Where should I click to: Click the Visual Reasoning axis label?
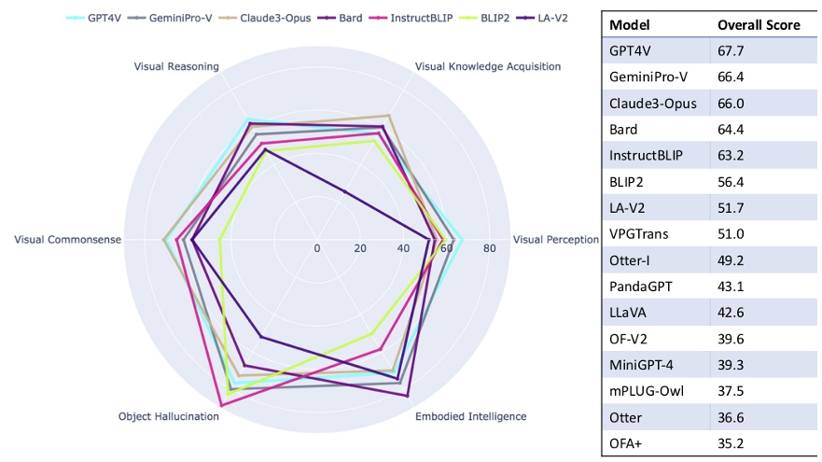tap(176, 66)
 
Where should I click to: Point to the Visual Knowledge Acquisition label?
tap(487, 66)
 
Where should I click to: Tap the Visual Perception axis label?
tap(556, 240)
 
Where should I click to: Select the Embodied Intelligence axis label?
tap(470, 416)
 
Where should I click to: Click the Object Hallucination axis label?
tap(169, 416)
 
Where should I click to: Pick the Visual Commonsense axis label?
tap(67, 240)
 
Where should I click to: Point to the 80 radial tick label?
tap(489, 248)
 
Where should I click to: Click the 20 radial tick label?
tap(360, 248)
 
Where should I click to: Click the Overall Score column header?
tap(759, 25)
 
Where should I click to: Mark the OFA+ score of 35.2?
tap(729, 443)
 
